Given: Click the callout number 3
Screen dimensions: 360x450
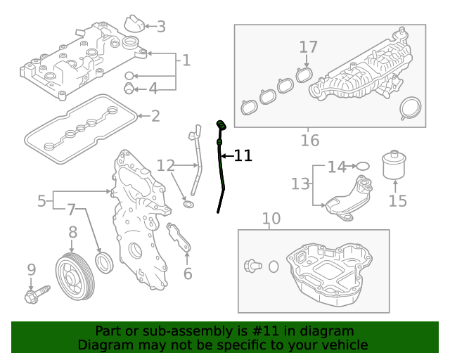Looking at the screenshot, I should click(161, 27).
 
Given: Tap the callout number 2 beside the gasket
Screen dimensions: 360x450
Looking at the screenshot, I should click(155, 116).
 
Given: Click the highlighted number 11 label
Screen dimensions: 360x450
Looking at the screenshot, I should click(243, 155).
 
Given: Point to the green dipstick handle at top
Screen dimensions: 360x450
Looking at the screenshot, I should click(220, 126).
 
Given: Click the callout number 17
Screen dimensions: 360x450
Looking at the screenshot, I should click(309, 47).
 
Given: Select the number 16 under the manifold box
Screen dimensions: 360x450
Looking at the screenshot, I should click(310, 141).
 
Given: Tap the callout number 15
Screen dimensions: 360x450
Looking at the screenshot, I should click(397, 202).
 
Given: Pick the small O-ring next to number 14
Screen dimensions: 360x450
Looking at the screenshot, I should click(363, 167).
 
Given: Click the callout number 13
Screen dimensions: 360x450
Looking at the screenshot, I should click(301, 184).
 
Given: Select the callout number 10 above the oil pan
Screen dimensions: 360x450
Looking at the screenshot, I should click(271, 219).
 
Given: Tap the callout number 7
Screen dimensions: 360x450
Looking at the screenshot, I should click(71, 209).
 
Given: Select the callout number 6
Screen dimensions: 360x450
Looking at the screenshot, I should click(188, 273).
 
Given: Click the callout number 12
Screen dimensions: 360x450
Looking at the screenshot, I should click(165, 166).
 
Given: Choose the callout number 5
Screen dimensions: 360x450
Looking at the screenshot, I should click(42, 201).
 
